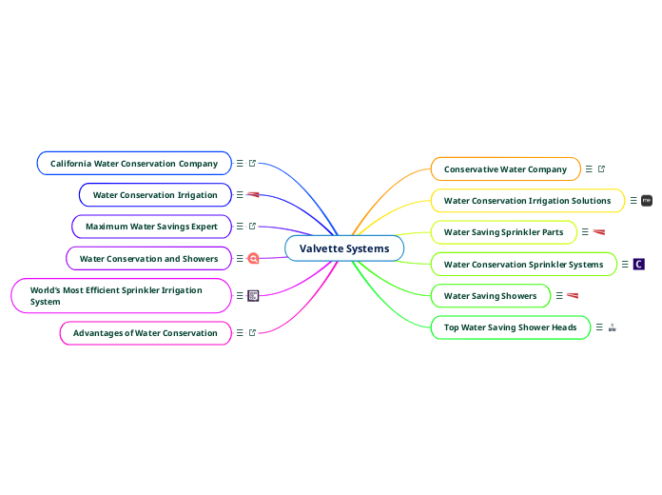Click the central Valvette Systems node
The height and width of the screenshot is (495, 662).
tap(344, 248)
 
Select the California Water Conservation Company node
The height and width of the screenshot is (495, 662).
tap(134, 164)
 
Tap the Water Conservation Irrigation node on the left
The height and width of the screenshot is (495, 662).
tap(155, 195)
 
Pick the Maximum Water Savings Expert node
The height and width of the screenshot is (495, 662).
tap(151, 227)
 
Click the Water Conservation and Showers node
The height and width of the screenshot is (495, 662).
tap(148, 258)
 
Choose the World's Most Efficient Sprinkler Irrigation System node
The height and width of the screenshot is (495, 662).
tap(121, 296)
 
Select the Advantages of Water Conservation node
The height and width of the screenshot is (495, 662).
tap(146, 333)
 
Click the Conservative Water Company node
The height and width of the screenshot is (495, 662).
tap(505, 169)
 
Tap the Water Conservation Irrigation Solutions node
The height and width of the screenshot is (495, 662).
tap(527, 201)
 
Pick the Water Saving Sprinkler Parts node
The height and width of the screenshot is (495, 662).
tap(503, 232)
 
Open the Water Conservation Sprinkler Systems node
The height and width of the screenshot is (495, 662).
tap(523, 265)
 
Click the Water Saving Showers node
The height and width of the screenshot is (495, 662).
tap(490, 296)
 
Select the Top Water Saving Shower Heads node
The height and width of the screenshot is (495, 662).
tap(510, 327)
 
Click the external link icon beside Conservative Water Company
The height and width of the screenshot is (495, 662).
tap(601, 169)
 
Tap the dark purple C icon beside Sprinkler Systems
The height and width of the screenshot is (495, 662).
tap(639, 265)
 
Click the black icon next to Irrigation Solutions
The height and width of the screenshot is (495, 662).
tap(647, 201)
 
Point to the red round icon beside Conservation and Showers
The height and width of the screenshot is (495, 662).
tap(253, 258)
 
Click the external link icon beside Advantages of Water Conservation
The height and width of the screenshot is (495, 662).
tap(252, 333)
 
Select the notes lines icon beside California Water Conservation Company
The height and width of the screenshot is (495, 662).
tap(240, 164)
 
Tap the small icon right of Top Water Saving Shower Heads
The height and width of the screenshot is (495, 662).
tap(612, 327)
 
